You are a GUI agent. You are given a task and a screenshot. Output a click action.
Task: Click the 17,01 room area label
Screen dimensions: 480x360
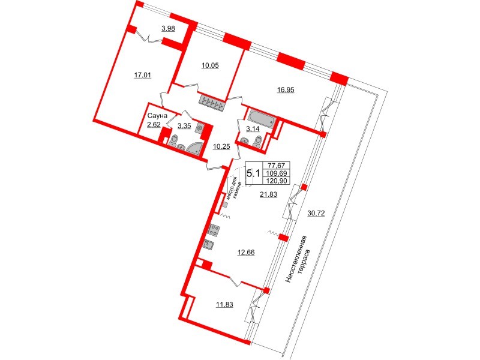[x=143, y=74]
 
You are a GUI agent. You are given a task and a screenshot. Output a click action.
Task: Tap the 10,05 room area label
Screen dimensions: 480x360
[x=210, y=65]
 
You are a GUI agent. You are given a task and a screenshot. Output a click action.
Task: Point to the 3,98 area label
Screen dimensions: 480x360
[x=168, y=28]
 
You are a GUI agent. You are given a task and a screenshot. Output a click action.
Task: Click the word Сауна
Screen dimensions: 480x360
[x=157, y=116]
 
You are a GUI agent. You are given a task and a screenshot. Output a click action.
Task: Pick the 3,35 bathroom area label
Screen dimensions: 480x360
[x=184, y=126]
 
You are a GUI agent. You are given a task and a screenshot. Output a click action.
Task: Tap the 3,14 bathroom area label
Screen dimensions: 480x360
[x=253, y=129]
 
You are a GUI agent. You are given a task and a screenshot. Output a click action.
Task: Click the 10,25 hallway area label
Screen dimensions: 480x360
[x=221, y=146]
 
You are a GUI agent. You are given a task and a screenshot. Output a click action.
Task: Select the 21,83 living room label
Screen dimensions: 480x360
[x=268, y=194]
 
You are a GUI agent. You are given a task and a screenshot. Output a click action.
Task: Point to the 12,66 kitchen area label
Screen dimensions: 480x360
[x=246, y=253]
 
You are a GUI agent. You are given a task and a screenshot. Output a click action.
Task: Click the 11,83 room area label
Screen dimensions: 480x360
[x=224, y=305]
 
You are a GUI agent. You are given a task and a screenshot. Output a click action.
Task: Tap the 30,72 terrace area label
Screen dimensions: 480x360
[x=316, y=214]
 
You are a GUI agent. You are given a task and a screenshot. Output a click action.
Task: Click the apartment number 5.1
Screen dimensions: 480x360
[x=253, y=173]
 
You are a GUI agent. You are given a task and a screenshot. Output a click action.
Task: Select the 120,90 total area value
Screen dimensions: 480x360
[x=277, y=181]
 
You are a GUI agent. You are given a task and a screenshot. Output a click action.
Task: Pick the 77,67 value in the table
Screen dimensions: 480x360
[x=277, y=166]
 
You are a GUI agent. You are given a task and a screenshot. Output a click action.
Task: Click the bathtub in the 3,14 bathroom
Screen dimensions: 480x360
[x=261, y=117]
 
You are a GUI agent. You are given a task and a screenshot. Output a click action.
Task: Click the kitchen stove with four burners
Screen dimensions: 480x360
[x=214, y=230]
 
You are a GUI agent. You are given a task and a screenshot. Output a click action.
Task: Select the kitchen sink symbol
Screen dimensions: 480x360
[x=209, y=245]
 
